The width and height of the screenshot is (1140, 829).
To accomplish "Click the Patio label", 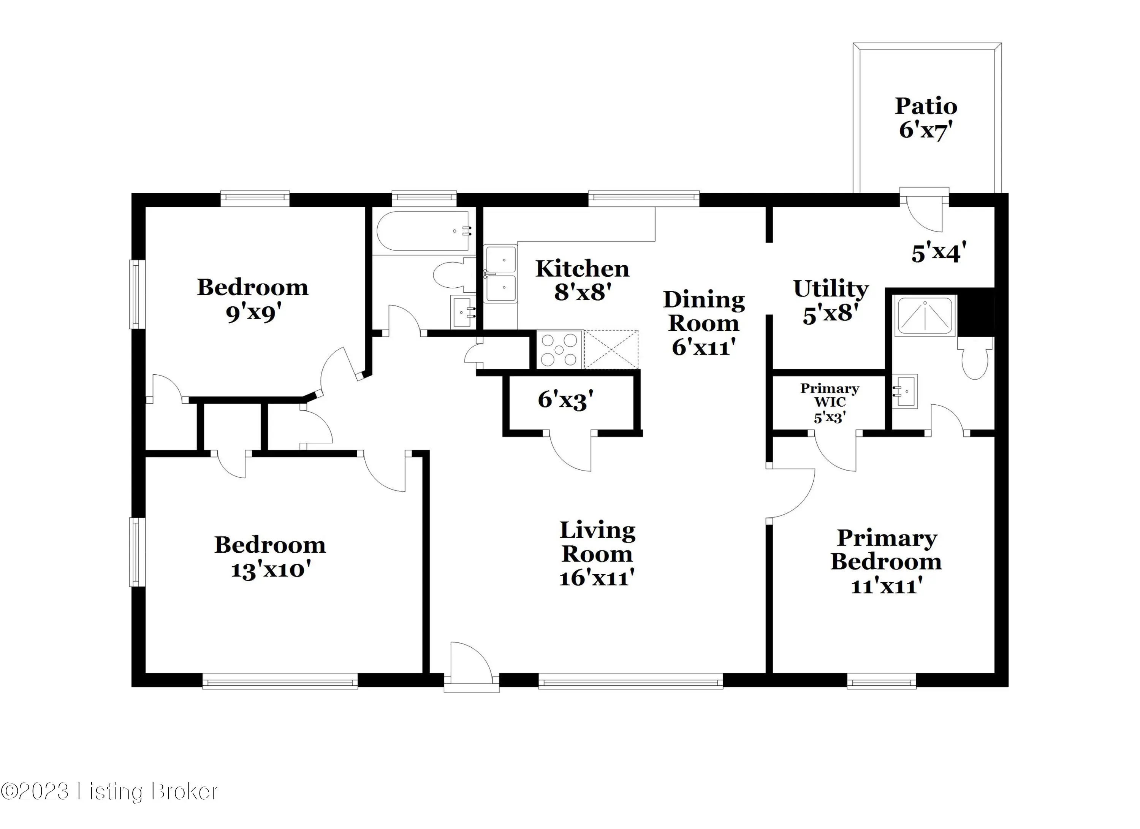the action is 926,106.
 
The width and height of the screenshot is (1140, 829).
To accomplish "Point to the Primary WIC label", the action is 830,395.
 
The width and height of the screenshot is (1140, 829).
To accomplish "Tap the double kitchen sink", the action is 501,274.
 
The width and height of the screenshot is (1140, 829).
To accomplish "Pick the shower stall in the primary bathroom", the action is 925,316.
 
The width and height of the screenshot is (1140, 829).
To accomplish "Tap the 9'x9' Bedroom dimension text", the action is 253,313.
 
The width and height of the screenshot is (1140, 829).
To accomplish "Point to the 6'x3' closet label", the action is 565,400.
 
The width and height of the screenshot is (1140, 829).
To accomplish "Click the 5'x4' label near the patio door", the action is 939,252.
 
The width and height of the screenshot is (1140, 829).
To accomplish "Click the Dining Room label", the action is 704,311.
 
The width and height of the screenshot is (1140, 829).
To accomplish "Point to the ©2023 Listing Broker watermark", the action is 109,791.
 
